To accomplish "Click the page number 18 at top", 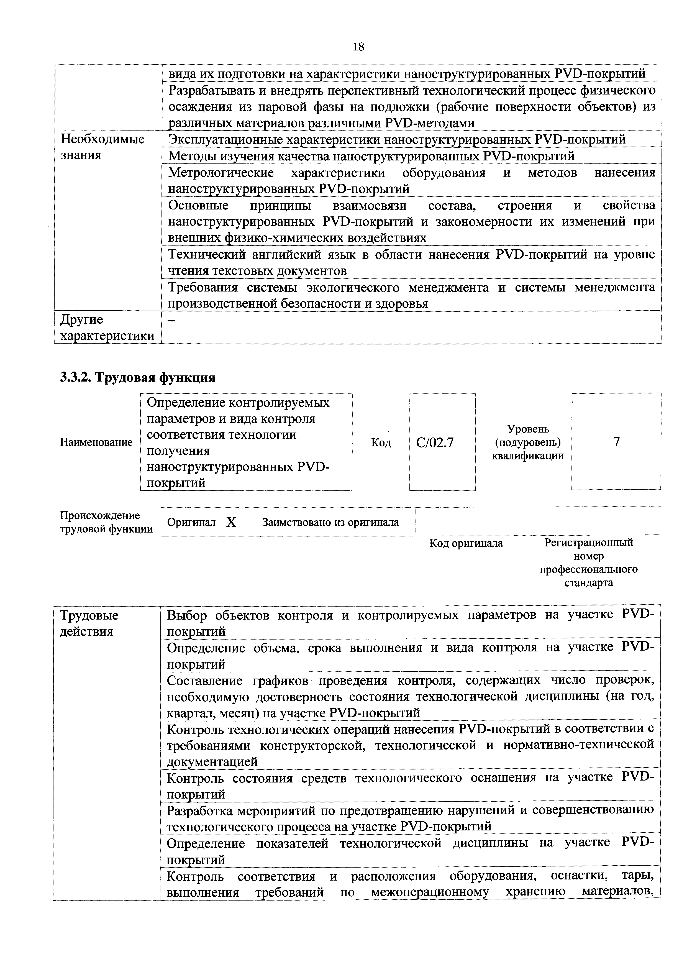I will tap(358, 47).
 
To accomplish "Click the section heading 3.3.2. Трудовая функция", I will tap(138, 377).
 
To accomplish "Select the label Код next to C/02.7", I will tap(381, 442).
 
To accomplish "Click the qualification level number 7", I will tap(616, 442).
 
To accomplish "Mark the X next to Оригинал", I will tap(231, 522).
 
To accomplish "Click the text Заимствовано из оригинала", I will tap(330, 522).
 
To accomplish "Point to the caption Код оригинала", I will tap(466, 543).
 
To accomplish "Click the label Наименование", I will tap(96, 442).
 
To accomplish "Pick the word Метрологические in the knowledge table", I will tap(221, 173).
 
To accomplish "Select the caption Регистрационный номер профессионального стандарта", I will tap(588, 562).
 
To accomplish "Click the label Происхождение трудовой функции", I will tap(106, 522).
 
